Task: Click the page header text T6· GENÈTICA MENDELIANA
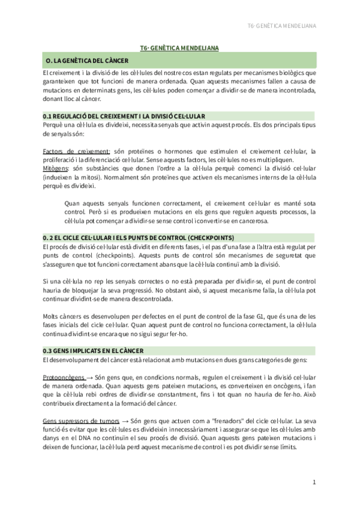281,26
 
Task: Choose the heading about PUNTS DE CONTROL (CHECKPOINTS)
139,237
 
